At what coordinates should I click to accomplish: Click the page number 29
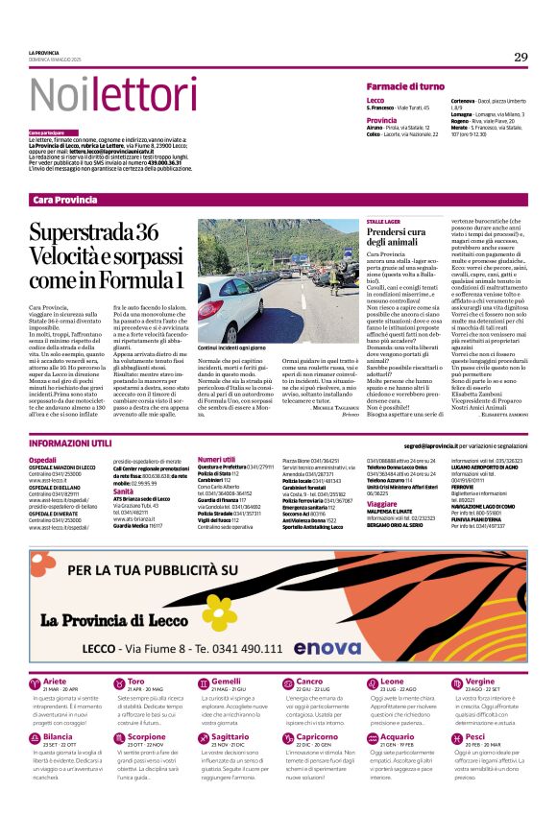[x=521, y=57]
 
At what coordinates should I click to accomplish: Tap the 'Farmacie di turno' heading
[x=404, y=86]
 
